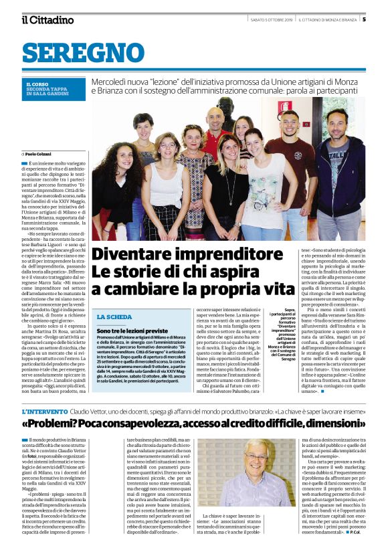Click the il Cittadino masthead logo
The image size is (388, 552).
point(47,19)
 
